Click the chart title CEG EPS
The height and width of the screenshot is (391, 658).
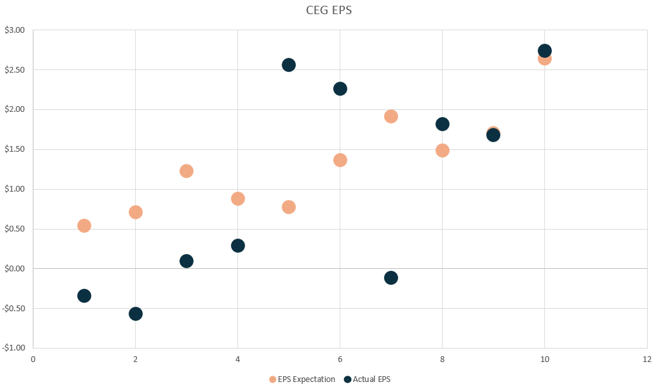point(329,10)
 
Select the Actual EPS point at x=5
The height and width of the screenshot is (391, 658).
point(289,65)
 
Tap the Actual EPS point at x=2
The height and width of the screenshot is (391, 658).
point(135,314)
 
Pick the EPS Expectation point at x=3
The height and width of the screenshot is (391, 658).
point(187,171)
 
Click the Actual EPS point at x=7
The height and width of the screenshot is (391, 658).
point(390,278)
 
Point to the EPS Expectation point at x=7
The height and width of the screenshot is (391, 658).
point(390,116)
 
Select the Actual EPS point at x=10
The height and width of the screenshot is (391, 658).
point(544,51)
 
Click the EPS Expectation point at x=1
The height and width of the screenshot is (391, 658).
point(84,226)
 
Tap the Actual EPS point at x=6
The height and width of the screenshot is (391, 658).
point(340,89)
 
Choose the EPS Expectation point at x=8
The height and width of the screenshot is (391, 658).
point(442,150)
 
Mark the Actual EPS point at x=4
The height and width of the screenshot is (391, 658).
point(238,246)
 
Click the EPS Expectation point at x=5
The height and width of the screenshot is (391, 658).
point(289,207)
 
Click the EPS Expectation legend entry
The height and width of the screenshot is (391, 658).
point(302,379)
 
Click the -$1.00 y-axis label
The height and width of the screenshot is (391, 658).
point(14,348)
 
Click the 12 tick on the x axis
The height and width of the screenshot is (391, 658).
point(646,359)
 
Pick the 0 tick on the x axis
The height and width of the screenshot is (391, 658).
point(33,359)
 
